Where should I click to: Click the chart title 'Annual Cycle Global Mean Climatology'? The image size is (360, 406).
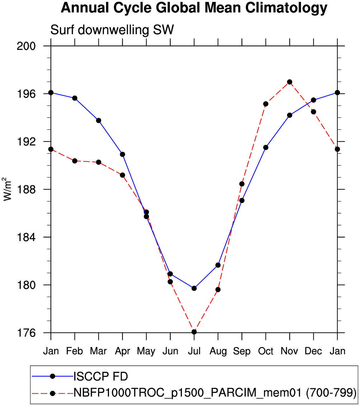194,8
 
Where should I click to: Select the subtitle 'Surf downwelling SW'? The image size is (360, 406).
112,30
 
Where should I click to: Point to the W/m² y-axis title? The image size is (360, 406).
8,189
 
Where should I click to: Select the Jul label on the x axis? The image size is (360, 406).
194,351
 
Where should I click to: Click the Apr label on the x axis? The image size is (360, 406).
122,351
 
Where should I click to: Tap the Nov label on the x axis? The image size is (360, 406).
289,351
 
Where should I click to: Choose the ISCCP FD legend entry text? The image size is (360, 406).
101,377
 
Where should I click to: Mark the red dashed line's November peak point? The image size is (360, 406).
289,82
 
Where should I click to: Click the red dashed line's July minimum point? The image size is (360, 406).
194,332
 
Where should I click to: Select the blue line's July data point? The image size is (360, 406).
194,288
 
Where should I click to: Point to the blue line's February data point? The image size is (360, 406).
75,98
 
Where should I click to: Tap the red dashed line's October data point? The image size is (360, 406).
266,104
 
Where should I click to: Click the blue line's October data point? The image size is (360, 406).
266,148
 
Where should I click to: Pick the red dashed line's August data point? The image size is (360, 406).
218,290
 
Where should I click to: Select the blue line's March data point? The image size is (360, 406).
99,121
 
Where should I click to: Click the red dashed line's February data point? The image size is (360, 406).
75,161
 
